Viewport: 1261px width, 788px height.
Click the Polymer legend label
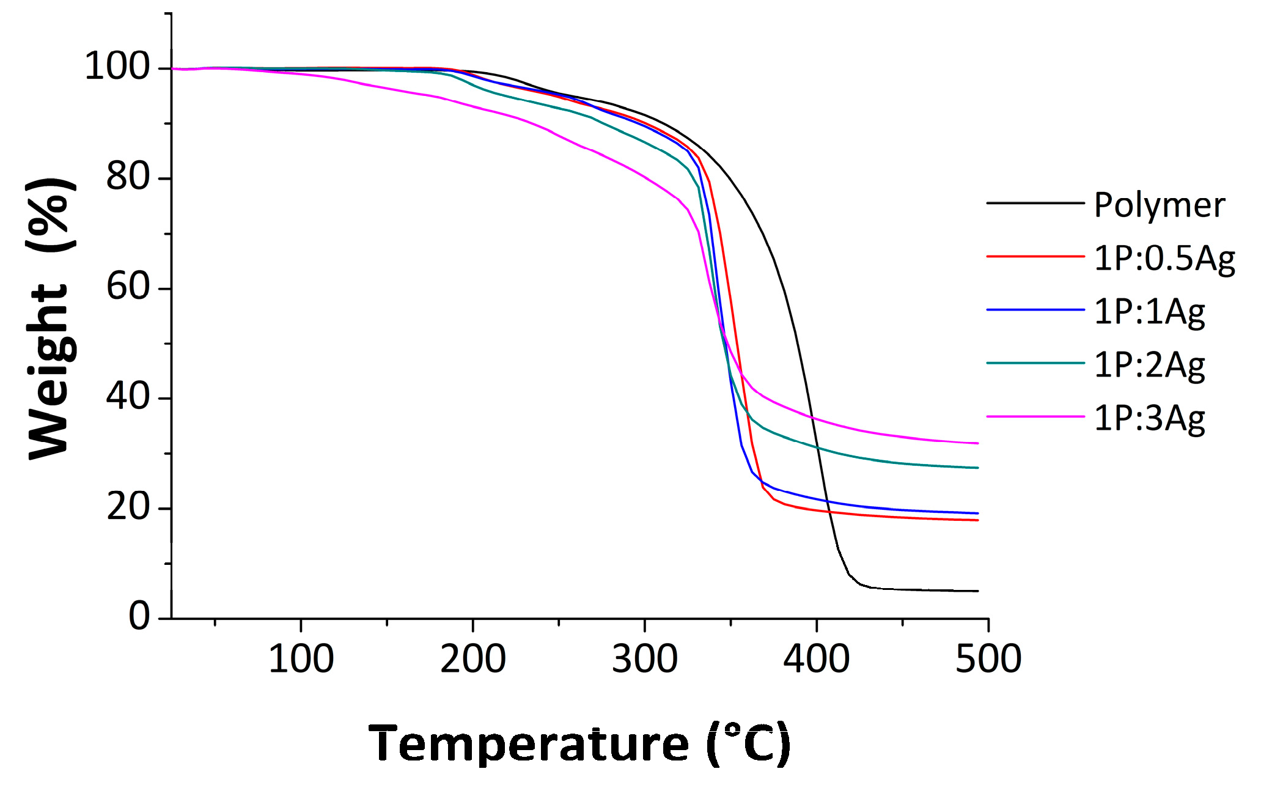pos(1159,205)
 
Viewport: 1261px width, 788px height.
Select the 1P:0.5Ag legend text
pos(1164,258)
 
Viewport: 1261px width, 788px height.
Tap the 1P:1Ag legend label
pos(1149,311)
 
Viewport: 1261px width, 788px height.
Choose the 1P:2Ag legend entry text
pos(1149,364)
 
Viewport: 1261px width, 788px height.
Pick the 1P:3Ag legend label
pos(1149,418)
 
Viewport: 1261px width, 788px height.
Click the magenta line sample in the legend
pos(1035,416)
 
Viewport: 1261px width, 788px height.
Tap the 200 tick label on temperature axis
pos(472,659)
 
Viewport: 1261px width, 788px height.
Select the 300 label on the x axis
pos(644,659)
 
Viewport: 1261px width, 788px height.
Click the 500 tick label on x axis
pos(988,659)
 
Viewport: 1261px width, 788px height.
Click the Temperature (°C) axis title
pos(579,743)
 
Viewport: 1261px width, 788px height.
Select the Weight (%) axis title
pos(51,318)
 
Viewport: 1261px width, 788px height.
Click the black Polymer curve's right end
pos(977,591)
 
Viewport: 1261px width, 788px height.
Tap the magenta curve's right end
pos(977,443)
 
